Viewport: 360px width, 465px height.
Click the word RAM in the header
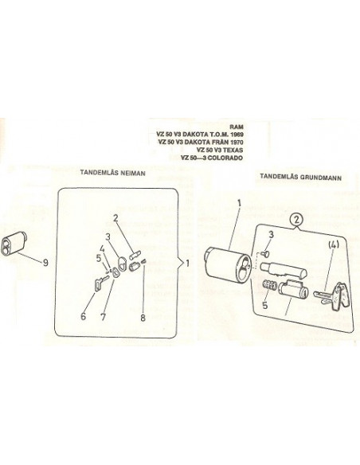click(x=237, y=127)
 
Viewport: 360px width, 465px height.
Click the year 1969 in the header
click(x=237, y=135)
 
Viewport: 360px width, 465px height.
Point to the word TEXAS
click(x=233, y=150)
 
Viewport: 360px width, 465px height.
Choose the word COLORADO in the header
click(x=225, y=158)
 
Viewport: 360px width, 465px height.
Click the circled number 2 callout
click(x=297, y=220)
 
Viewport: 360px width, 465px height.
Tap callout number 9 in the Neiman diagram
click(x=45, y=263)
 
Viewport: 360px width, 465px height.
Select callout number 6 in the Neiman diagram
click(x=84, y=316)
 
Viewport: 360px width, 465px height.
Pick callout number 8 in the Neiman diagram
click(x=143, y=318)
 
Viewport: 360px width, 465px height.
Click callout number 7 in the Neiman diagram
click(x=104, y=317)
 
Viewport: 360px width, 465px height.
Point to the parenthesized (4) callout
click(x=334, y=245)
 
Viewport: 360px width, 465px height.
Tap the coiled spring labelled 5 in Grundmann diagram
click(x=270, y=286)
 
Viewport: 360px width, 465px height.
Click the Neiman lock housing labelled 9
click(x=14, y=244)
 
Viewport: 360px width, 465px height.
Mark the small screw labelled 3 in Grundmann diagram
click(x=264, y=253)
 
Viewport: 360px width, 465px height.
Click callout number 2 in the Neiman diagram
click(x=115, y=218)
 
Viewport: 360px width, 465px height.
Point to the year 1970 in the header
click(x=237, y=143)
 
